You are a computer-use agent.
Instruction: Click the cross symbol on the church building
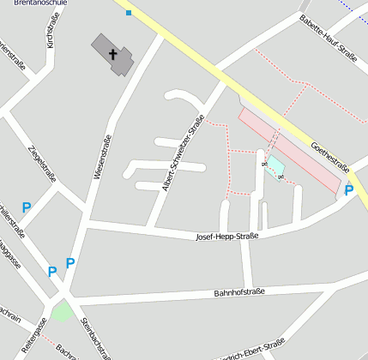click(113, 54)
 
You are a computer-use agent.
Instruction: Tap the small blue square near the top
click(129, 13)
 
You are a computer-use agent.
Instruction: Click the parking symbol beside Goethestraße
click(349, 190)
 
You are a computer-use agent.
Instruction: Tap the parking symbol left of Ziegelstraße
click(27, 207)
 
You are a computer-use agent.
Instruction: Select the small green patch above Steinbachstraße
click(61, 311)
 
